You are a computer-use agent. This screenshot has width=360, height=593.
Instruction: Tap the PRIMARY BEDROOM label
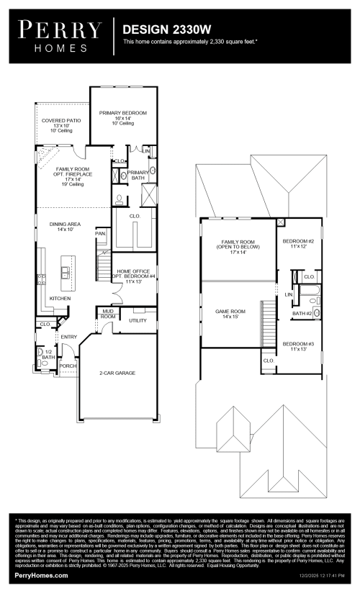click(x=123, y=113)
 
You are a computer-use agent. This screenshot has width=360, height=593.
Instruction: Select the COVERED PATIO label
click(x=60, y=121)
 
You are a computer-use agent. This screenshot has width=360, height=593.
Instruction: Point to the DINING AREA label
click(x=65, y=225)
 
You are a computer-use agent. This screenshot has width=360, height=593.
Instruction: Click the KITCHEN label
click(x=60, y=297)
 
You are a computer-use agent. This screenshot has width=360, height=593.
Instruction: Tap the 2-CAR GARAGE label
click(x=117, y=373)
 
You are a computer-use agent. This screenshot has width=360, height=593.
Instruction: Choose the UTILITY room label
click(x=138, y=320)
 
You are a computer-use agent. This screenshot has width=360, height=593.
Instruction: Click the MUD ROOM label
click(x=108, y=314)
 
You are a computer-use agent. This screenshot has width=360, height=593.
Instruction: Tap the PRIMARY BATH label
click(x=138, y=175)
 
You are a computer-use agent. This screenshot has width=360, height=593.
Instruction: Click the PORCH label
click(x=68, y=366)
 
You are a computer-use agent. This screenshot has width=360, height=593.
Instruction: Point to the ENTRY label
click(x=69, y=337)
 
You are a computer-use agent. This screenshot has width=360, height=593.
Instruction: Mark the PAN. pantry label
click(x=101, y=233)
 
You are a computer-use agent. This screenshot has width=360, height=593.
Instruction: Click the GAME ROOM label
click(x=231, y=311)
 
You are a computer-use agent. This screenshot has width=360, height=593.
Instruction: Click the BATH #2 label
click(x=302, y=313)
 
